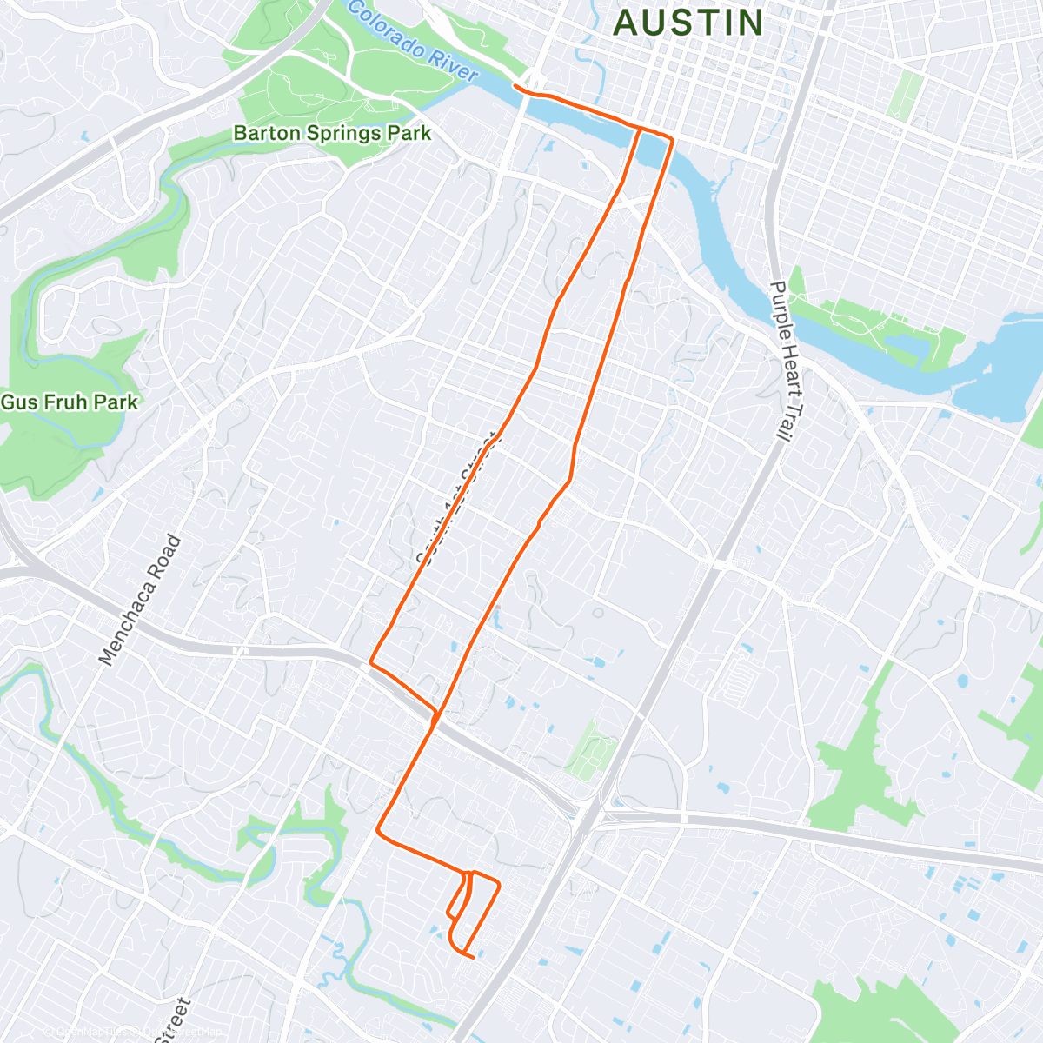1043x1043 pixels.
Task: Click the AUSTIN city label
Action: tap(688, 23)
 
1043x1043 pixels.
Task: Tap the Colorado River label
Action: tap(413, 41)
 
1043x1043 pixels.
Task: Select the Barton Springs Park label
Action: tap(332, 134)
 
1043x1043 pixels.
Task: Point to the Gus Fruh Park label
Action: tap(70, 402)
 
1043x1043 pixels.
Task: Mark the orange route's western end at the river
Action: tap(515, 85)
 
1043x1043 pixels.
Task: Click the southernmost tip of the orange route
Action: tap(472, 958)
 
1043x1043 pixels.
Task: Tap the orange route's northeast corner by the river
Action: tap(672, 139)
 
